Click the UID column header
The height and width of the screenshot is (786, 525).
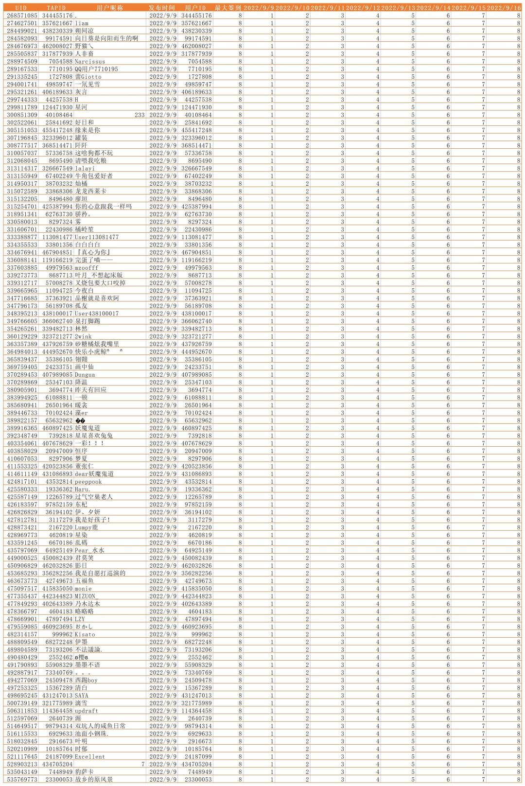tap(21, 8)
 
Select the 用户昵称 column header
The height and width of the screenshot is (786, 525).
tap(109, 8)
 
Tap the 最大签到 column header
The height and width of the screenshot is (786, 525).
tap(227, 8)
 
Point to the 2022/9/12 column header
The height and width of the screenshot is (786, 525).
tap(363, 8)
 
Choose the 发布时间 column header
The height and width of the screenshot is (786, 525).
tap(162, 8)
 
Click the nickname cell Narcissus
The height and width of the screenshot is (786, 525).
tap(90, 61)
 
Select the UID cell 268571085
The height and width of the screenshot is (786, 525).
tap(22, 16)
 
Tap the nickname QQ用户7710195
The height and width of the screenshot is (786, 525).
tap(96, 69)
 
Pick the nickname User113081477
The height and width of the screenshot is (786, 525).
tap(96, 237)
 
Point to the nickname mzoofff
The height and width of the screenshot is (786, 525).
tap(87, 268)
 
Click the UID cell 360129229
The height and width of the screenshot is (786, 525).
tap(22, 336)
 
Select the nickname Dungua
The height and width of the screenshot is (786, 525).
tap(85, 375)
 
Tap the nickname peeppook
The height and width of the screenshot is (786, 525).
tap(88, 482)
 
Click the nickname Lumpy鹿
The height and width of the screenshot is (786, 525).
tap(86, 527)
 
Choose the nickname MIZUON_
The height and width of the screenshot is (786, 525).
tap(86, 596)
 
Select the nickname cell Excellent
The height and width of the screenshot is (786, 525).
tap(89, 756)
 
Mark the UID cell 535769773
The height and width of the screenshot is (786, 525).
tap(22, 779)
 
